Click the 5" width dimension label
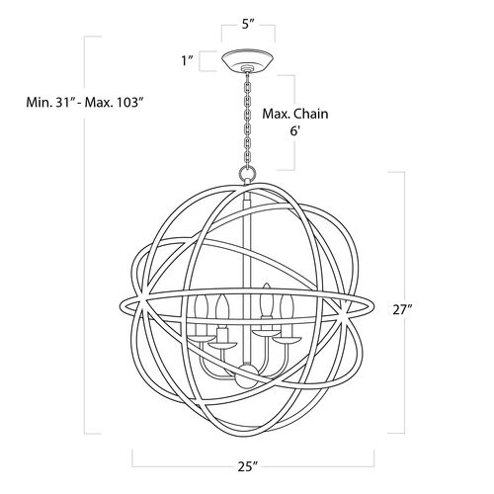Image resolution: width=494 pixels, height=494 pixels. [x=247, y=25]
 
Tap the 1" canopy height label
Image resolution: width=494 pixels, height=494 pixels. [x=188, y=61]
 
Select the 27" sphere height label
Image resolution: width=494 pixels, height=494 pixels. [x=402, y=310]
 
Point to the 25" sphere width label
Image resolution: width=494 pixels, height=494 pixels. [x=247, y=466]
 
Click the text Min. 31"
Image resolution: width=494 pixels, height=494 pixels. [x=51, y=103]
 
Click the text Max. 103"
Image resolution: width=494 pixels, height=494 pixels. [x=116, y=103]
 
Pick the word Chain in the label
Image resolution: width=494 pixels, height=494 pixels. [x=310, y=114]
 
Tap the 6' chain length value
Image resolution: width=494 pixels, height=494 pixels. [x=295, y=130]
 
